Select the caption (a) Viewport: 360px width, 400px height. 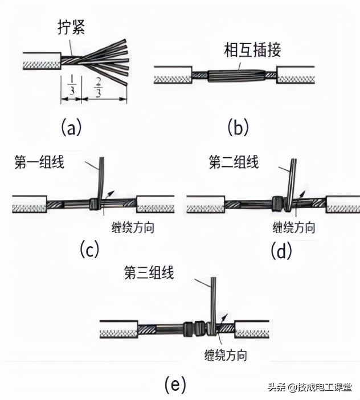(72, 127)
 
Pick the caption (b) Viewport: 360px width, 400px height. (238, 127)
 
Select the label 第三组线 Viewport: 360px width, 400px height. (149, 272)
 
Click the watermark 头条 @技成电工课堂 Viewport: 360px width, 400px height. (310, 387)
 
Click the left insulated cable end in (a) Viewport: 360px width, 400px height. (41, 59)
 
